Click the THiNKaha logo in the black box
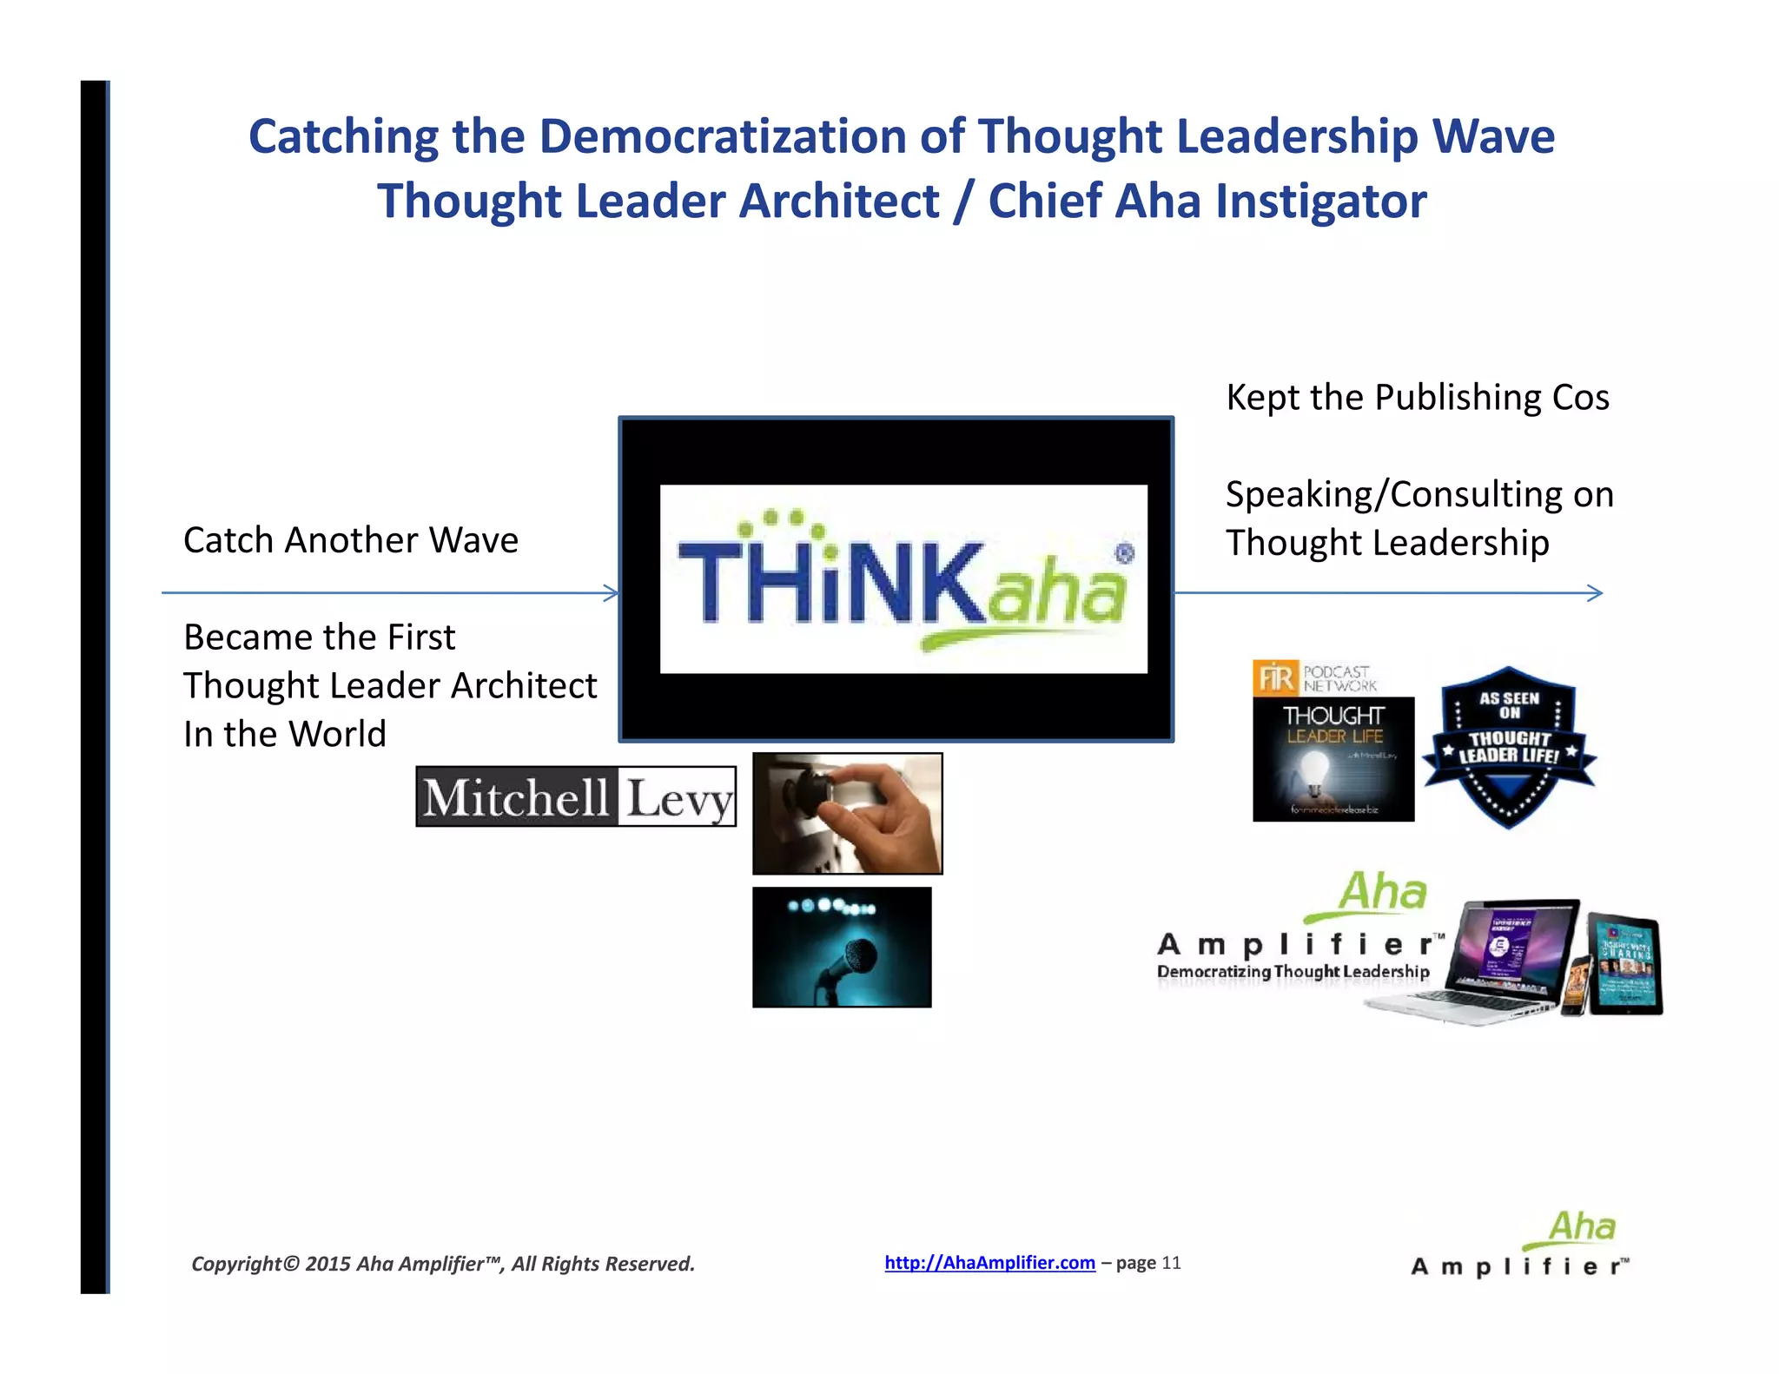(x=903, y=579)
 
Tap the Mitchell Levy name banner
(x=576, y=796)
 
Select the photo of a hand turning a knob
(x=847, y=813)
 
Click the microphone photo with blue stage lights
(x=841, y=947)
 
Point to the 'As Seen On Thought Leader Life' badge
(x=1509, y=746)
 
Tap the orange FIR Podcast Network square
(x=1275, y=677)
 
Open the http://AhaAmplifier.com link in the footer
(x=989, y=1263)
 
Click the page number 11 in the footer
(x=1171, y=1263)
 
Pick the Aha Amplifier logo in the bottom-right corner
(x=1520, y=1246)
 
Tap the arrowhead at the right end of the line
(x=1596, y=593)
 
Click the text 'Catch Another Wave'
(x=351, y=540)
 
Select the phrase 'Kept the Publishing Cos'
(x=1417, y=398)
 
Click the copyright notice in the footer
(x=443, y=1264)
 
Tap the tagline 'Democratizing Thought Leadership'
(x=1293, y=972)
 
